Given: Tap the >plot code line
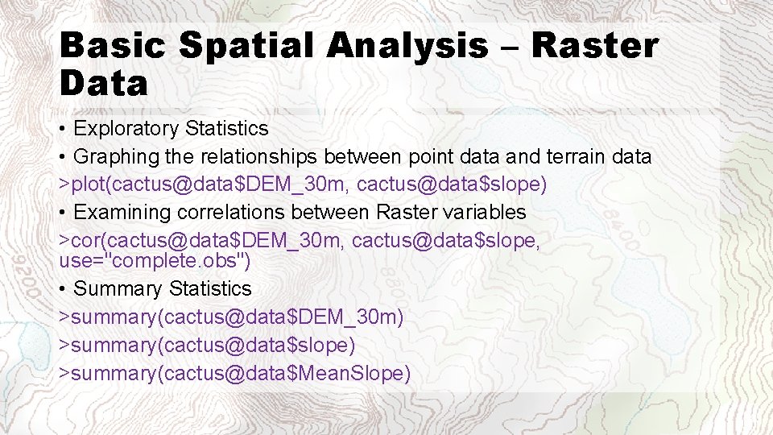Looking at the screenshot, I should point(303,185).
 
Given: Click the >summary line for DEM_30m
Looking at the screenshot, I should point(231,317).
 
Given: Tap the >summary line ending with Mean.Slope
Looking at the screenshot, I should point(234,374).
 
